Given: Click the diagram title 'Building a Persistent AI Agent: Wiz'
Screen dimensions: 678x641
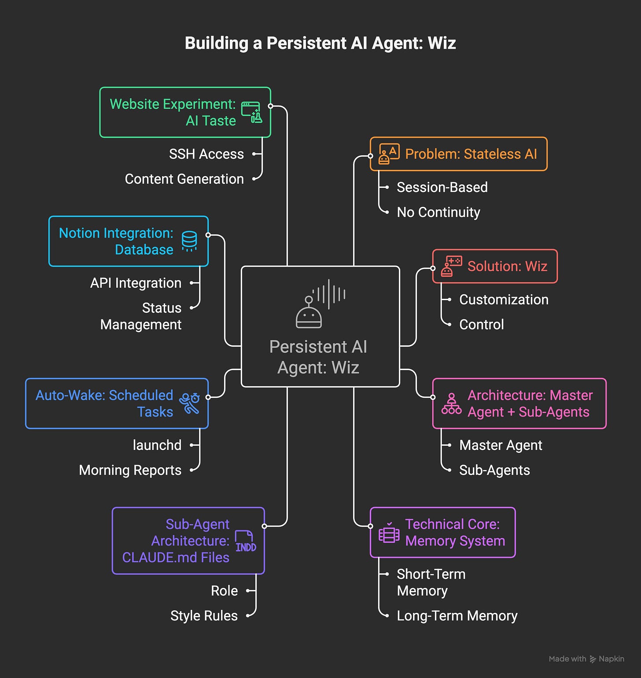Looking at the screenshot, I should click(x=320, y=43).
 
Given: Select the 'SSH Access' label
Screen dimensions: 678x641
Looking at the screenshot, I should click(x=206, y=154).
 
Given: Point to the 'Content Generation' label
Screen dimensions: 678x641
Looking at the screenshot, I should click(x=184, y=179).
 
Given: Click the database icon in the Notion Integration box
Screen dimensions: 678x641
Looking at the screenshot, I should click(x=189, y=241).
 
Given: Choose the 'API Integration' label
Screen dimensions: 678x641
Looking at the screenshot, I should click(x=136, y=283).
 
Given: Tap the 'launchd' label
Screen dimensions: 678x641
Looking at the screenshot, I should click(x=157, y=445).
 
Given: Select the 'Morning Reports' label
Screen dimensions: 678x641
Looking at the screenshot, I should click(x=130, y=470).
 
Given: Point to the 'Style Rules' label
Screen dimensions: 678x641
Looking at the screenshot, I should click(x=204, y=616).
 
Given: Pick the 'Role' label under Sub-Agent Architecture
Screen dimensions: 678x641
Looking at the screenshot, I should click(x=224, y=590).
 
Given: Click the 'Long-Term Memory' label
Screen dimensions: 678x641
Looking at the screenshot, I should click(x=457, y=616).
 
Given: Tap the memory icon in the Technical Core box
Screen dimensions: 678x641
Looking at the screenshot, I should click(x=389, y=533).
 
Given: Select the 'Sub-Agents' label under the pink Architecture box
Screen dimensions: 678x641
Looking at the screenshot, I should click(x=494, y=470).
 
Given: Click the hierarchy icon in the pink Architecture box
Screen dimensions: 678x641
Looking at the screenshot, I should click(x=451, y=404).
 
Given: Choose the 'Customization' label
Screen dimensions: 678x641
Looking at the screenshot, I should click(x=504, y=300).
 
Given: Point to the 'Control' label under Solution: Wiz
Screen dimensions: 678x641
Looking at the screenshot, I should click(x=481, y=325).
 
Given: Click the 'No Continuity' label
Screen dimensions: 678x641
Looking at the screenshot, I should click(x=438, y=213).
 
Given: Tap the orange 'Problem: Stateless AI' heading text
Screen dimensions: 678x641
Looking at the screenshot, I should click(x=471, y=154).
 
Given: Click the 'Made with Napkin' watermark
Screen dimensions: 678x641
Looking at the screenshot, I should click(x=586, y=659).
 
